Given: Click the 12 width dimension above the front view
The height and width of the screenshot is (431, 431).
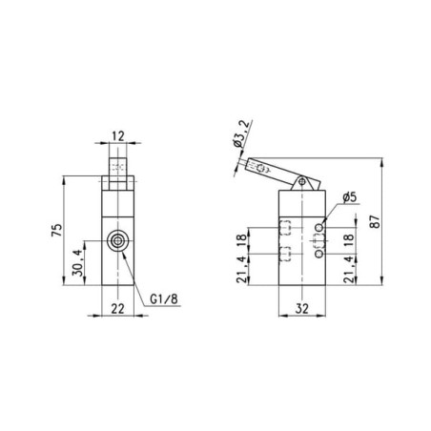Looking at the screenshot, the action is (118, 136).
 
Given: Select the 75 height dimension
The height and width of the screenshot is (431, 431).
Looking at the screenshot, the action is (57, 231).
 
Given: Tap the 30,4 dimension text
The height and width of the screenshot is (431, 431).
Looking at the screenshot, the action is (78, 262).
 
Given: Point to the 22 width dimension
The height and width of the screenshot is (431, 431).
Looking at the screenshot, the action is (117, 309).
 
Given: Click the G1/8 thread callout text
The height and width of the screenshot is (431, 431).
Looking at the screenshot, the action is (164, 299).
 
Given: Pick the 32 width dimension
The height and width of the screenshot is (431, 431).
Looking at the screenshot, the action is (302, 308).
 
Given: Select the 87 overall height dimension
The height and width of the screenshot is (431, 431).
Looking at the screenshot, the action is (376, 221).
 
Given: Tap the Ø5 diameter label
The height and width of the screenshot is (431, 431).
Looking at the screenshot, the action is (350, 197).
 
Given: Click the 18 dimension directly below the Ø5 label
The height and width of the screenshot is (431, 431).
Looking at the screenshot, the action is (349, 240).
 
